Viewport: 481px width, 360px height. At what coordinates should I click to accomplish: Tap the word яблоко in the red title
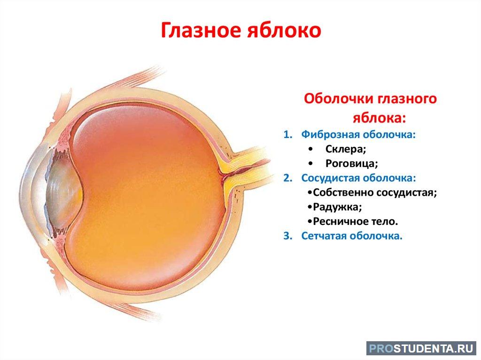point(284,31)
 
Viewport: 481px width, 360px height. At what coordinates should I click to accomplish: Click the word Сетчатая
point(324,236)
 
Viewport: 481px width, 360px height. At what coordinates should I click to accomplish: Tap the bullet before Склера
point(311,149)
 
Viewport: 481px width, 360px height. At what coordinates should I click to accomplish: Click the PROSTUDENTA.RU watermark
point(421,349)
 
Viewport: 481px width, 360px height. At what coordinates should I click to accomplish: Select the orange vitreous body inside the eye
point(147,196)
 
